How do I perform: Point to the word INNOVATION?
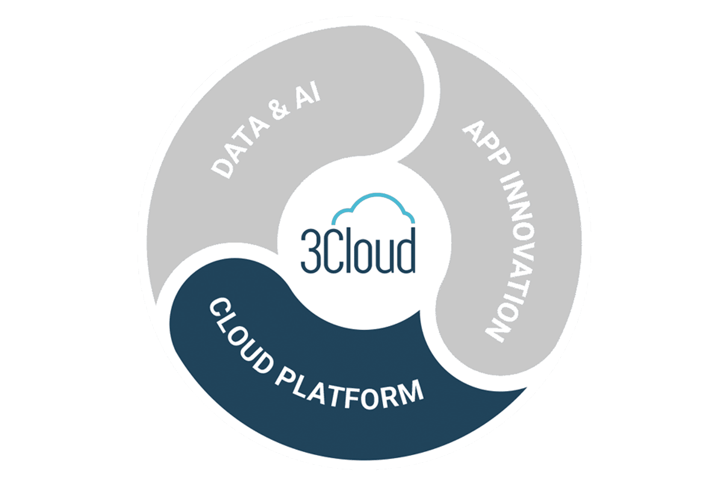(512, 257)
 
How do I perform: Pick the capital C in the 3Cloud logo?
(332, 251)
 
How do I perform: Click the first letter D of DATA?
(222, 169)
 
